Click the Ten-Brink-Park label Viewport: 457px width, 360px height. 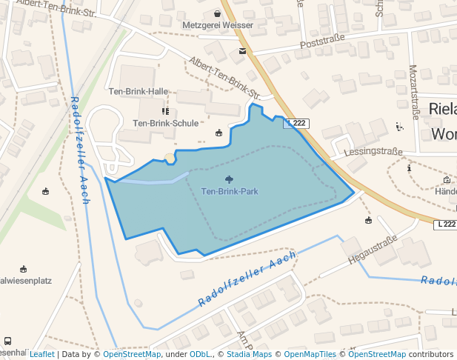coord(230,192)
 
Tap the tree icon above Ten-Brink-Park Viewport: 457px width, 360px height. coord(230,179)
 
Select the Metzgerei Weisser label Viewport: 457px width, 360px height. coord(218,25)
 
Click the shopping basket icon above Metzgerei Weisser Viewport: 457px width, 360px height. coord(217,13)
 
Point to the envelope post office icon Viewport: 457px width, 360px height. coord(242,51)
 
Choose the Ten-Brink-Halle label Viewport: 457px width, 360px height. coord(139,92)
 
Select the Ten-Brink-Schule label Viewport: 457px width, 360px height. coord(165,123)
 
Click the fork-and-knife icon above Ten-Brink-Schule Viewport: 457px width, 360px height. coord(165,111)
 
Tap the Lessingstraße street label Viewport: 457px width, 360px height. coord(373,152)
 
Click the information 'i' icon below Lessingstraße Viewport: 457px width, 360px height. coord(409,168)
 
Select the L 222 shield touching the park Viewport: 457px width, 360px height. coord(296,123)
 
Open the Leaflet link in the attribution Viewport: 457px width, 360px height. coord(42,355)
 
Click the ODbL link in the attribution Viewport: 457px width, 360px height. coord(200,355)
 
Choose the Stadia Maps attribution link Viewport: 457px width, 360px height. coord(249,355)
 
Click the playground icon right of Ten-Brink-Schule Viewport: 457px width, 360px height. coord(219,133)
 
